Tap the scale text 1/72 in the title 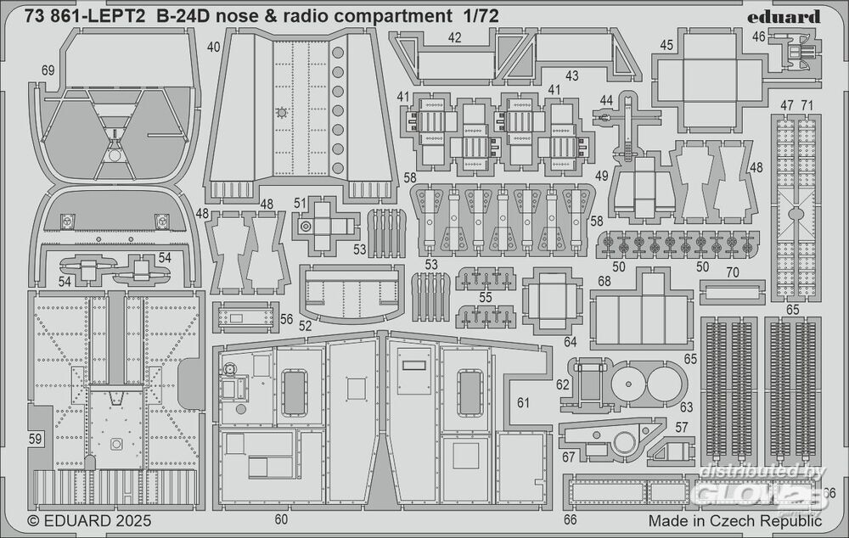[x=481, y=16]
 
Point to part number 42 [x=455, y=38]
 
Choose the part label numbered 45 [x=666, y=45]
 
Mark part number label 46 [x=758, y=36]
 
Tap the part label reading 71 [x=807, y=105]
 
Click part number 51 [x=299, y=203]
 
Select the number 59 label [x=35, y=439]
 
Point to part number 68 [x=604, y=281]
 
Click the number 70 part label [x=733, y=274]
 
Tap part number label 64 [x=570, y=342]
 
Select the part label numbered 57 [x=683, y=429]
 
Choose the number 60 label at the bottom [x=282, y=519]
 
